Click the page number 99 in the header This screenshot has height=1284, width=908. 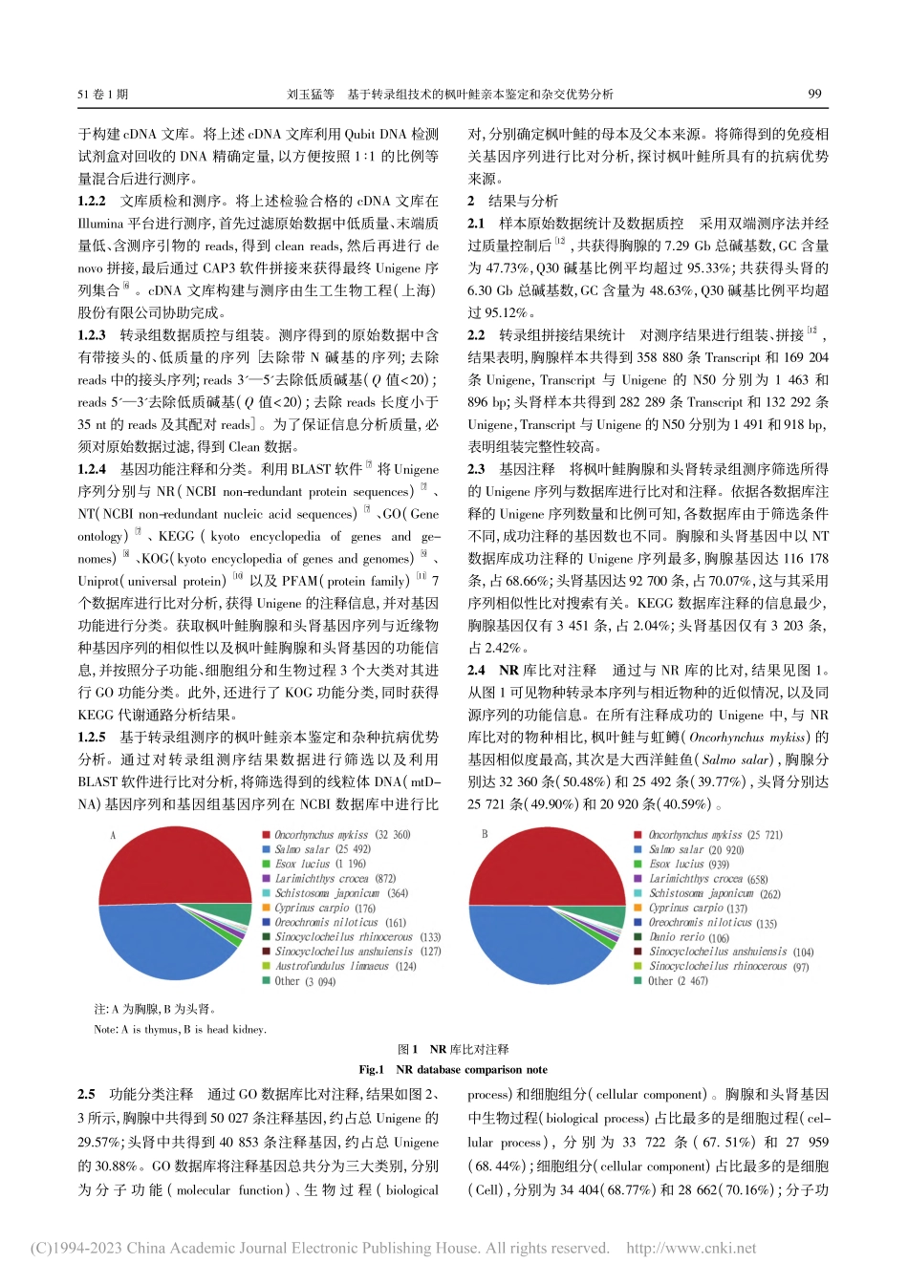(814, 94)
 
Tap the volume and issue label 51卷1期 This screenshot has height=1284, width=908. (102, 95)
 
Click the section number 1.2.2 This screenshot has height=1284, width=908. (92, 202)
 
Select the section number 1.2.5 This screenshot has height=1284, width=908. (92, 738)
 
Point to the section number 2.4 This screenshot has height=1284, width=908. (476, 671)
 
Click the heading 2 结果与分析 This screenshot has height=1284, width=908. (513, 202)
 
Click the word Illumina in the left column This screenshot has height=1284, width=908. (100, 224)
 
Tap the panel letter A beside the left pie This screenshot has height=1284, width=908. (112, 835)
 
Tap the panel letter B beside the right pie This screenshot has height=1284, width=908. (485, 834)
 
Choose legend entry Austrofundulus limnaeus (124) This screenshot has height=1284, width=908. (345, 966)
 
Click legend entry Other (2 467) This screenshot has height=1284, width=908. (678, 980)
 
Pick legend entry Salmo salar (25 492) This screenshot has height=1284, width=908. (322, 849)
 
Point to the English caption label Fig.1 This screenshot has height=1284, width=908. (371, 1070)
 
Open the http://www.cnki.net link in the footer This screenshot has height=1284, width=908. (691, 1248)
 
